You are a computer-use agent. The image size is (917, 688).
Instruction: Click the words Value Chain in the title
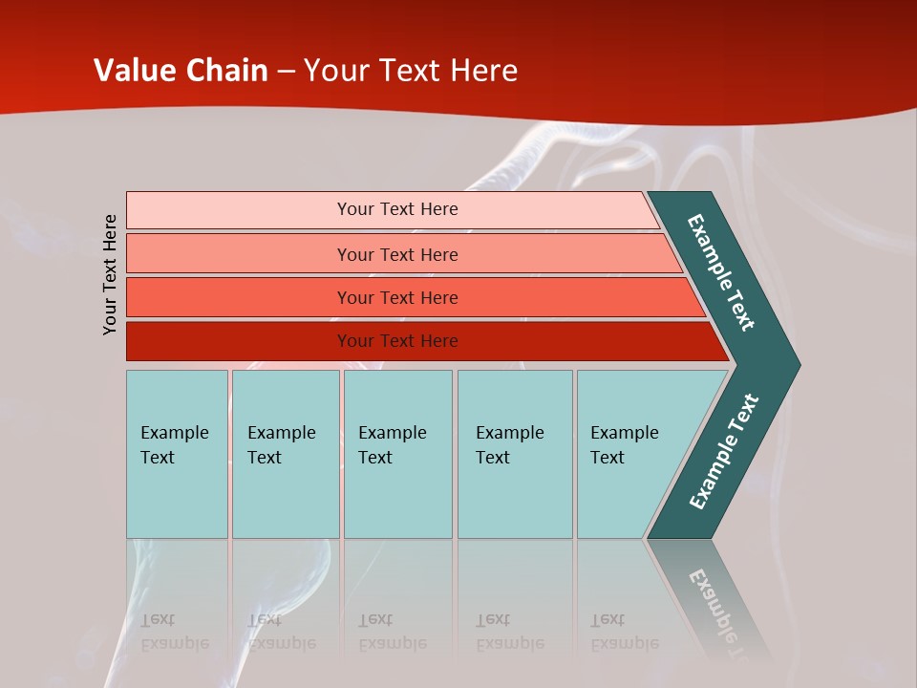181,71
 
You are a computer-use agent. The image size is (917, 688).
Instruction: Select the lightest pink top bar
239,209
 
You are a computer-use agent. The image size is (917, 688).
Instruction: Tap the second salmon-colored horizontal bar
239,254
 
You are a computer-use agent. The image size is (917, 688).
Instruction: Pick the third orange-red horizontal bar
239,297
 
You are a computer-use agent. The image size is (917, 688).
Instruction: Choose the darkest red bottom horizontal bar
239,341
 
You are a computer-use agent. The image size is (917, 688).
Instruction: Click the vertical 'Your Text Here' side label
110,274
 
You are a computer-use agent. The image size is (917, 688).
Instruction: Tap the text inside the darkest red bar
397,341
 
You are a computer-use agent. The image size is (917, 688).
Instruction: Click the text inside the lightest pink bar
397,209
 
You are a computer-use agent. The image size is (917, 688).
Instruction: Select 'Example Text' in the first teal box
174,444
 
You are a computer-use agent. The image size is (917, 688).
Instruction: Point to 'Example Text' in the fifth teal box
624,444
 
